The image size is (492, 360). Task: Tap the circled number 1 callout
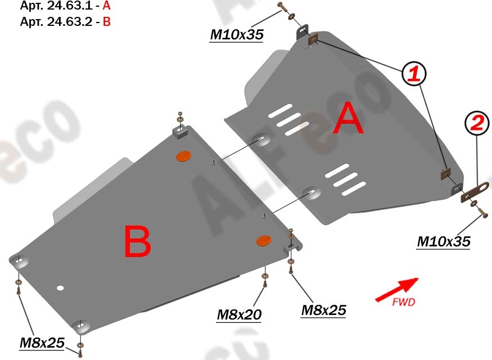click(x=413, y=73)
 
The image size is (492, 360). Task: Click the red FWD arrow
click(x=396, y=289)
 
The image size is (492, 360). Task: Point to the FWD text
click(x=404, y=303)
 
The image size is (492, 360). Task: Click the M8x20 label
click(x=239, y=315)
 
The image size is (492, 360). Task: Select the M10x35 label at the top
click(x=237, y=35)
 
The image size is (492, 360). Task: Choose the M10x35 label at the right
click(x=444, y=242)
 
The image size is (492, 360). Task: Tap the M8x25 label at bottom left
click(x=42, y=343)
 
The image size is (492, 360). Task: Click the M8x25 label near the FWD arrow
click(x=323, y=310)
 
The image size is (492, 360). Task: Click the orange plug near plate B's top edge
click(x=184, y=156)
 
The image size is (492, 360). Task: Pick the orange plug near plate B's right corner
click(x=264, y=240)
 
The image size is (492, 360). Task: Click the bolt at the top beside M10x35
click(x=282, y=7)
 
